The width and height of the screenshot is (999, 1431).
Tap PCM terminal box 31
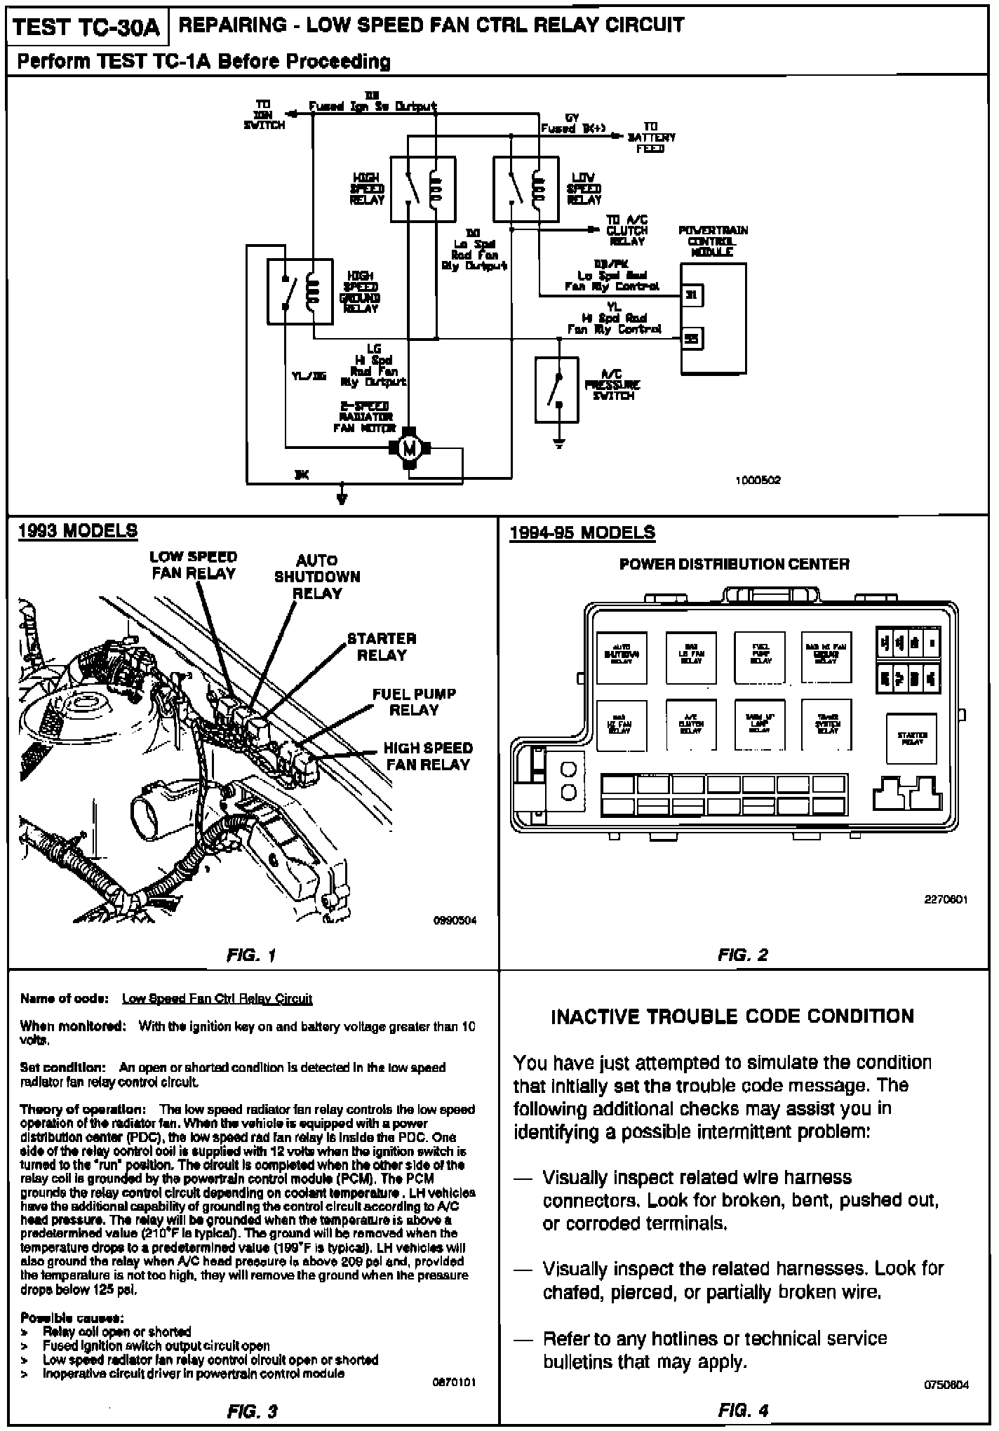point(692,295)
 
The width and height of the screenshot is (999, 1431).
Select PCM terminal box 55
point(692,340)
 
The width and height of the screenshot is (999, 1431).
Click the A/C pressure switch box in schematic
point(557,390)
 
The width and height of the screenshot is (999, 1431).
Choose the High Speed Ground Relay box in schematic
point(300,292)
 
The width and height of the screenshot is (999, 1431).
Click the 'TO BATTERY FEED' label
point(650,137)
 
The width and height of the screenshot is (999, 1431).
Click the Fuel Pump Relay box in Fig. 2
point(760,657)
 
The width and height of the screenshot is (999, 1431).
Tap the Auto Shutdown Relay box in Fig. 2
point(622,657)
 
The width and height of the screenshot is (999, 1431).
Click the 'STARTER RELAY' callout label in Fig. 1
point(382,647)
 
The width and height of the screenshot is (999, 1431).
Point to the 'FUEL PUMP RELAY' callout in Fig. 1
point(414,701)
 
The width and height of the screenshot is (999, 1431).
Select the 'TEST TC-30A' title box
point(87,28)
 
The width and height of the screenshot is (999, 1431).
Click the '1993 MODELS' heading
point(78,531)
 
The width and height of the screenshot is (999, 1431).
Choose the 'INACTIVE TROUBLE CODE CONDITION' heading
point(732,1016)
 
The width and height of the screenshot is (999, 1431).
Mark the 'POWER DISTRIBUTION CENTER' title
point(734,564)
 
